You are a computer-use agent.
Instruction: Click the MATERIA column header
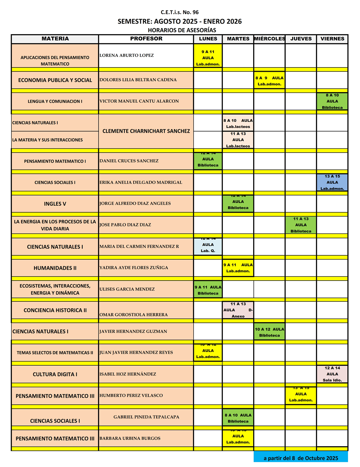tap(55, 39)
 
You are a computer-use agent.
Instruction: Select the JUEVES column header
tap(301, 39)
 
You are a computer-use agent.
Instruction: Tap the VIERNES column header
tap(332, 39)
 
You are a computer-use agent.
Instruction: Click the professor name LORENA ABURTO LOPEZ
tap(127, 55)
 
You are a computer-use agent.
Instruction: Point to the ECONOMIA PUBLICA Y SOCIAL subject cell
tap(55, 80)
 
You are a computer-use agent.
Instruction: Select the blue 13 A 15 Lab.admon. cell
tap(332, 183)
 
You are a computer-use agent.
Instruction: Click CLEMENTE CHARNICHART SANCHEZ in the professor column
tap(146, 131)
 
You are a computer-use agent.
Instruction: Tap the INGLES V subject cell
tap(55, 204)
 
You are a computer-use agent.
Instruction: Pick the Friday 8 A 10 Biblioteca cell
tap(332, 101)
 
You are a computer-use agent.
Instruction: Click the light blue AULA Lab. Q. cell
tap(208, 247)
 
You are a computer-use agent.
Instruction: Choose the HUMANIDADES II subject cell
tap(55, 268)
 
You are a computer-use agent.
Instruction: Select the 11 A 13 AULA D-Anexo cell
tap(238, 310)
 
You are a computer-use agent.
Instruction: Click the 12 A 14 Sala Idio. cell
tap(332, 374)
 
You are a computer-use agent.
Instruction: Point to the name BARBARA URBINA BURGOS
tap(130, 438)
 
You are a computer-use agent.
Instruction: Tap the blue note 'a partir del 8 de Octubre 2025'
tap(301, 458)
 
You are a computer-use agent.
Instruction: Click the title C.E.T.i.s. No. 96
tap(180, 12)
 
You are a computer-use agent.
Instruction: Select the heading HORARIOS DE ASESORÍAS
tap(182, 30)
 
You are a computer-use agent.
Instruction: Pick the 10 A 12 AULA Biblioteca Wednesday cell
tap(269, 332)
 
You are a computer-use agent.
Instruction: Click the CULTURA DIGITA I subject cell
tap(55, 374)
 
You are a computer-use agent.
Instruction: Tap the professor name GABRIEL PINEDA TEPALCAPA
tap(146, 417)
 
